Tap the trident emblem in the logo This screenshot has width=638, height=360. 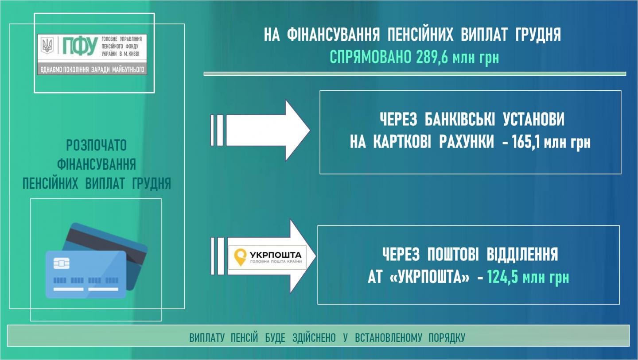click(x=47, y=45)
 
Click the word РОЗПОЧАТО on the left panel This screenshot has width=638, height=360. click(x=97, y=145)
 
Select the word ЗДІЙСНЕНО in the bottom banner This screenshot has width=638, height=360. click(x=314, y=338)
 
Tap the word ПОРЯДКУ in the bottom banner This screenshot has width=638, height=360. click(x=447, y=338)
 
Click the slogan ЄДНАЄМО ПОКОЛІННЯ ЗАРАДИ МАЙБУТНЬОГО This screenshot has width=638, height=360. click(x=92, y=70)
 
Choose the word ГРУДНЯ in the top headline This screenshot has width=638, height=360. click(x=538, y=35)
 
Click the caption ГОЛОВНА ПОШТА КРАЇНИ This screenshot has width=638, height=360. click(x=276, y=263)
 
